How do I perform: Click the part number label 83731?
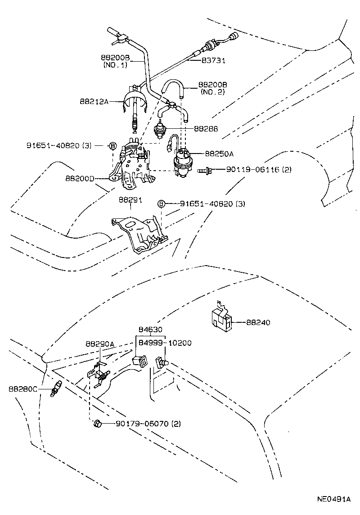tap(213, 60)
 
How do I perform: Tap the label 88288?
tap(206, 129)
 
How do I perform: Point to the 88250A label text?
tap(219, 154)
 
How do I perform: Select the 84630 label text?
tap(151, 330)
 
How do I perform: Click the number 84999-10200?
tap(165, 343)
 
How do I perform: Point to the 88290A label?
tap(100, 344)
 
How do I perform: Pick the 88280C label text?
tap(23, 389)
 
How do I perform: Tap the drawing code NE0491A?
tap(333, 499)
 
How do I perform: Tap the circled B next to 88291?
tap(161, 204)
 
